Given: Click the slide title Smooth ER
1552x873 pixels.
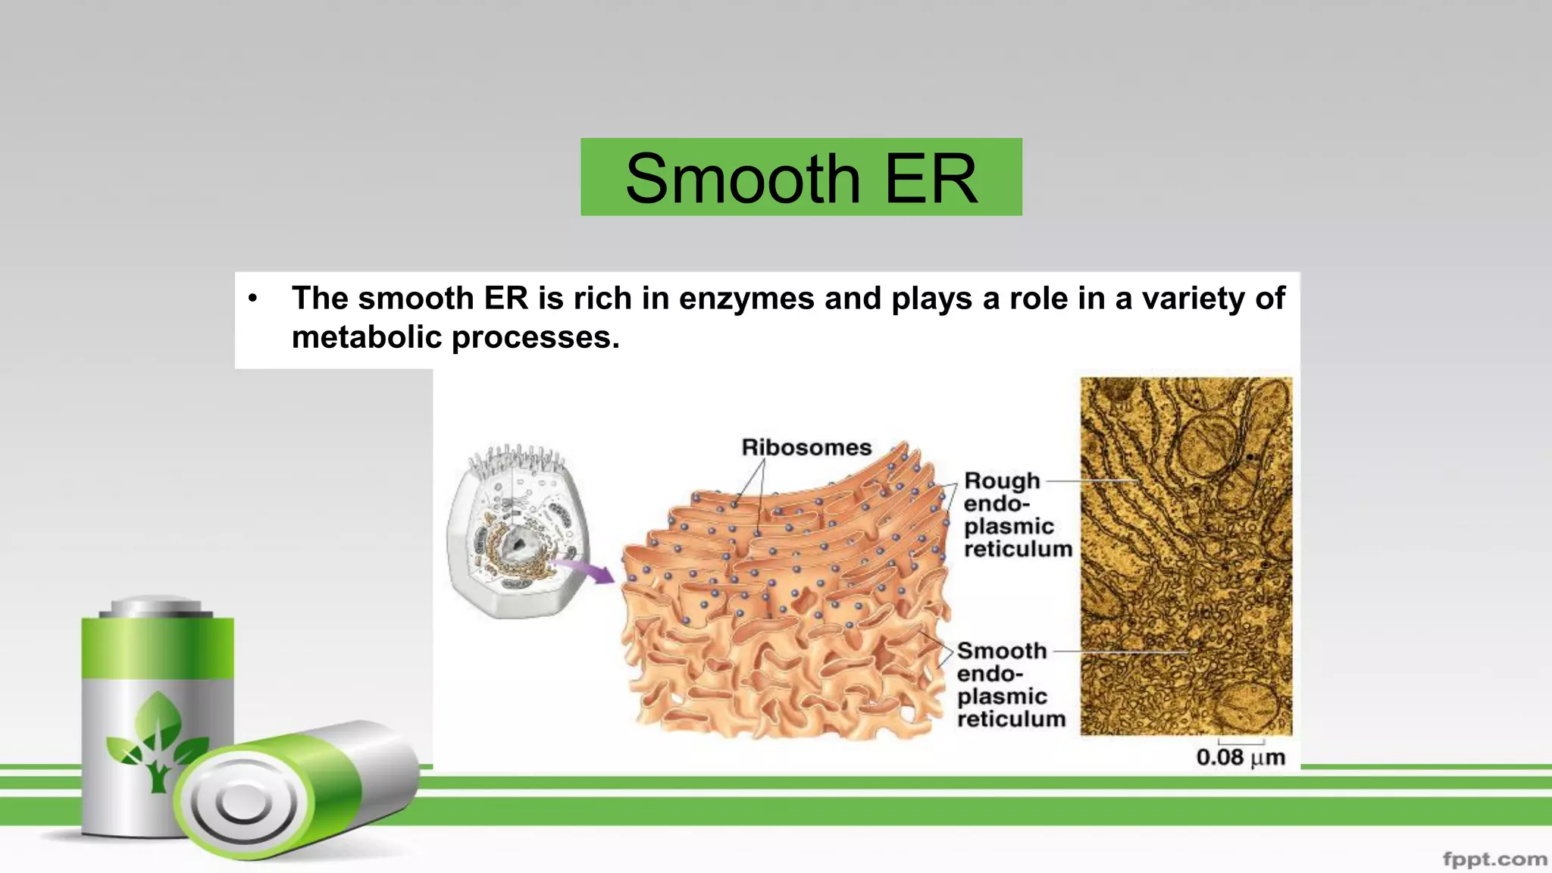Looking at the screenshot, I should pyautogui.click(x=801, y=178).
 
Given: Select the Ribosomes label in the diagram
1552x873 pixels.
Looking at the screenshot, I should pyautogui.click(x=806, y=448).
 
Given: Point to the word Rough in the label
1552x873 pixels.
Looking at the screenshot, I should pyautogui.click(x=1002, y=480).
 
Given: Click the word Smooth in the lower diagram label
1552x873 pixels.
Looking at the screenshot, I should pyautogui.click(x=1002, y=651).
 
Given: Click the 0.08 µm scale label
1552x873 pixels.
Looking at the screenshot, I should pyautogui.click(x=1241, y=757).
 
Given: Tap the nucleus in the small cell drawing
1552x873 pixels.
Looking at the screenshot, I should pyautogui.click(x=518, y=542).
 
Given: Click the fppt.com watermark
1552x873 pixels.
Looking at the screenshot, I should pyautogui.click(x=1494, y=859).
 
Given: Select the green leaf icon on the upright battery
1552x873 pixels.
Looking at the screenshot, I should pyautogui.click(x=157, y=739).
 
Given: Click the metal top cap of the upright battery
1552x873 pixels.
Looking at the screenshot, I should pyautogui.click(x=158, y=606).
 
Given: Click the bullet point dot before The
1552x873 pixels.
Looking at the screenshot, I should pyautogui.click(x=253, y=299).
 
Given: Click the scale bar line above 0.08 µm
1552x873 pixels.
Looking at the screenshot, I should pyautogui.click(x=1241, y=742).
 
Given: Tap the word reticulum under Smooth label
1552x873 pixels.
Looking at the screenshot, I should pyautogui.click(x=1011, y=718).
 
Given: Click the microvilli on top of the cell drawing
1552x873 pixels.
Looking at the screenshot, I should pyautogui.click(x=517, y=458).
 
